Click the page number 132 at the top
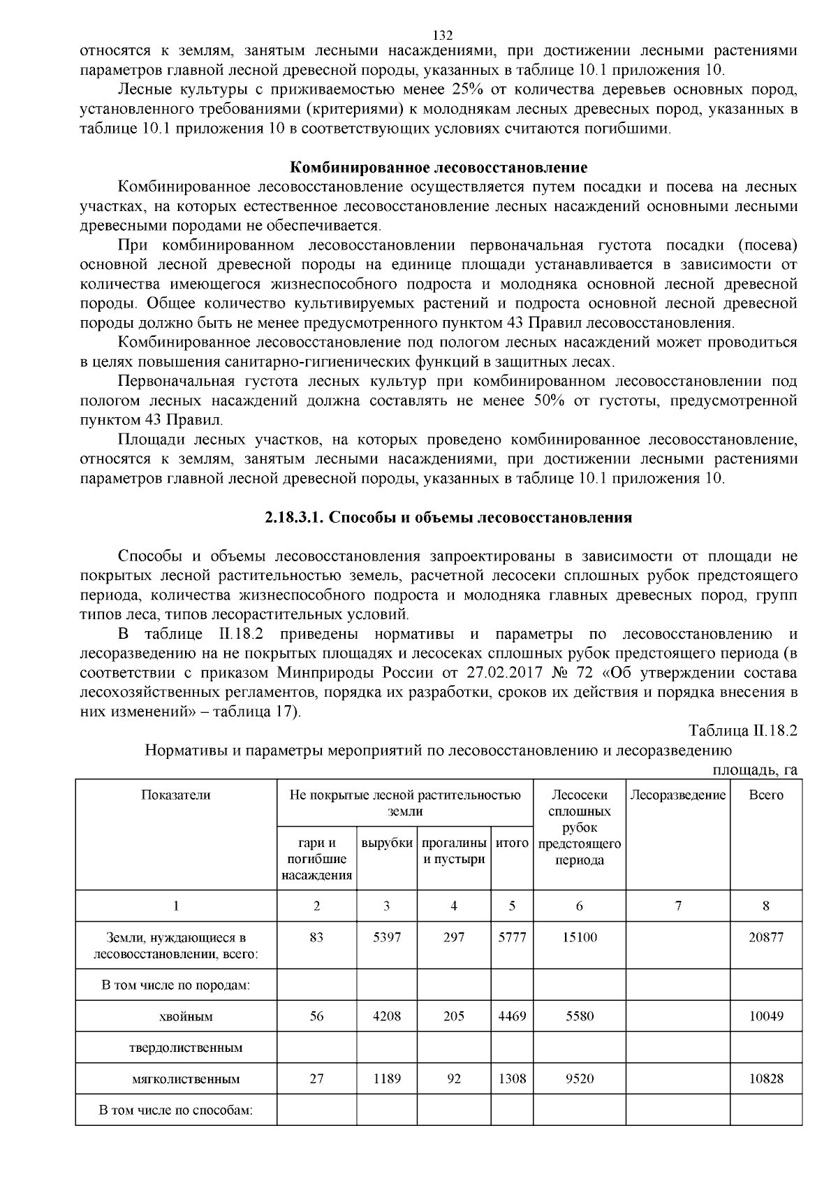pos(443,36)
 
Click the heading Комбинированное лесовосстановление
pos(439,168)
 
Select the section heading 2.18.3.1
pos(448,518)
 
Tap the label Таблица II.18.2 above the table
pos(742,731)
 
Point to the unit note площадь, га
pos(754,770)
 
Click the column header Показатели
pos(176,795)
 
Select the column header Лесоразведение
pos(677,795)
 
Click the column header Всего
pos(766,795)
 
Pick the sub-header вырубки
pos(387,843)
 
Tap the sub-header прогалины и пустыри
pos(454,851)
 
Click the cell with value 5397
pos(387,937)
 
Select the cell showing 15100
pos(580,937)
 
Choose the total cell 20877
pos(766,937)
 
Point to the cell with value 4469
pos(512,1017)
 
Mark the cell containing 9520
pos(580,1079)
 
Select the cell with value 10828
pos(766,1079)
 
